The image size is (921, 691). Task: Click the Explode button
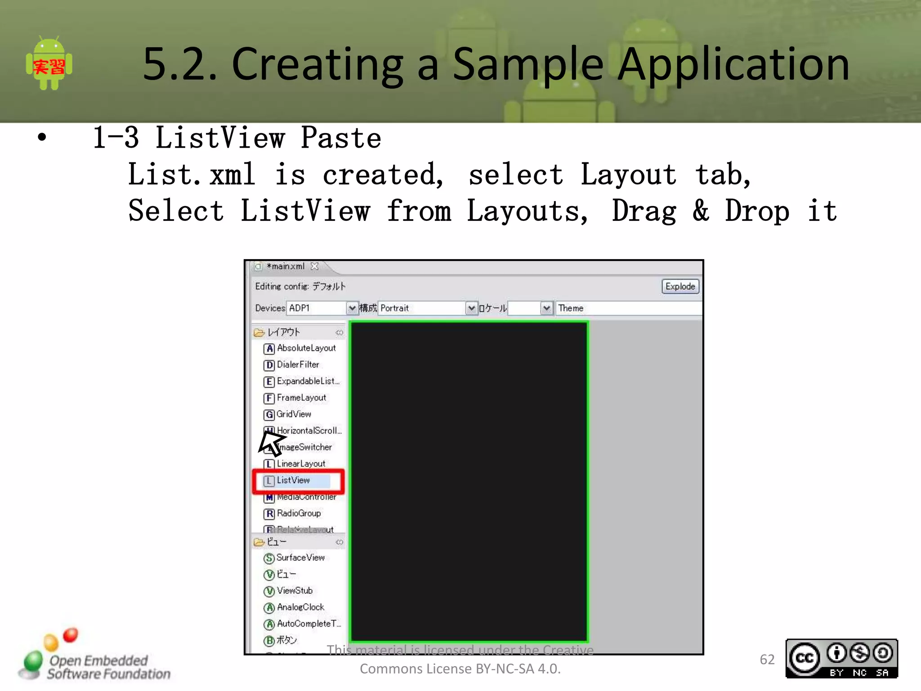680,287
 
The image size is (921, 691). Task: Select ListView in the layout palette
293,480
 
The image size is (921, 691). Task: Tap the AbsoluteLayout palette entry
306,348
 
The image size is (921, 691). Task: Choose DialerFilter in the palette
298,365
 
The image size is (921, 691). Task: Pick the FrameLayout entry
301,398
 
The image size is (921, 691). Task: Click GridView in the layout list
293,414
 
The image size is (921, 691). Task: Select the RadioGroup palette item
298,513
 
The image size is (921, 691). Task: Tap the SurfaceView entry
300,558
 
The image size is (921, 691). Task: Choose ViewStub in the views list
294,591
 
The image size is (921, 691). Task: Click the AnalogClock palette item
300,607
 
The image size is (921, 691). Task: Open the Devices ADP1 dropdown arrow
352,308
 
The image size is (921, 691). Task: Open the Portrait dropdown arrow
471,308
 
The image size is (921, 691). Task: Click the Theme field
628,308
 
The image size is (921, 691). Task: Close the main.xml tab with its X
315,266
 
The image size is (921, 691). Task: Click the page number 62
767,660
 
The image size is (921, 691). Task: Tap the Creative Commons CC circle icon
805,658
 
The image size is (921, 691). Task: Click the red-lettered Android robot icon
49,64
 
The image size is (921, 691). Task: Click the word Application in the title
733,65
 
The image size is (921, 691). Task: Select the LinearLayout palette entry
300,464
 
